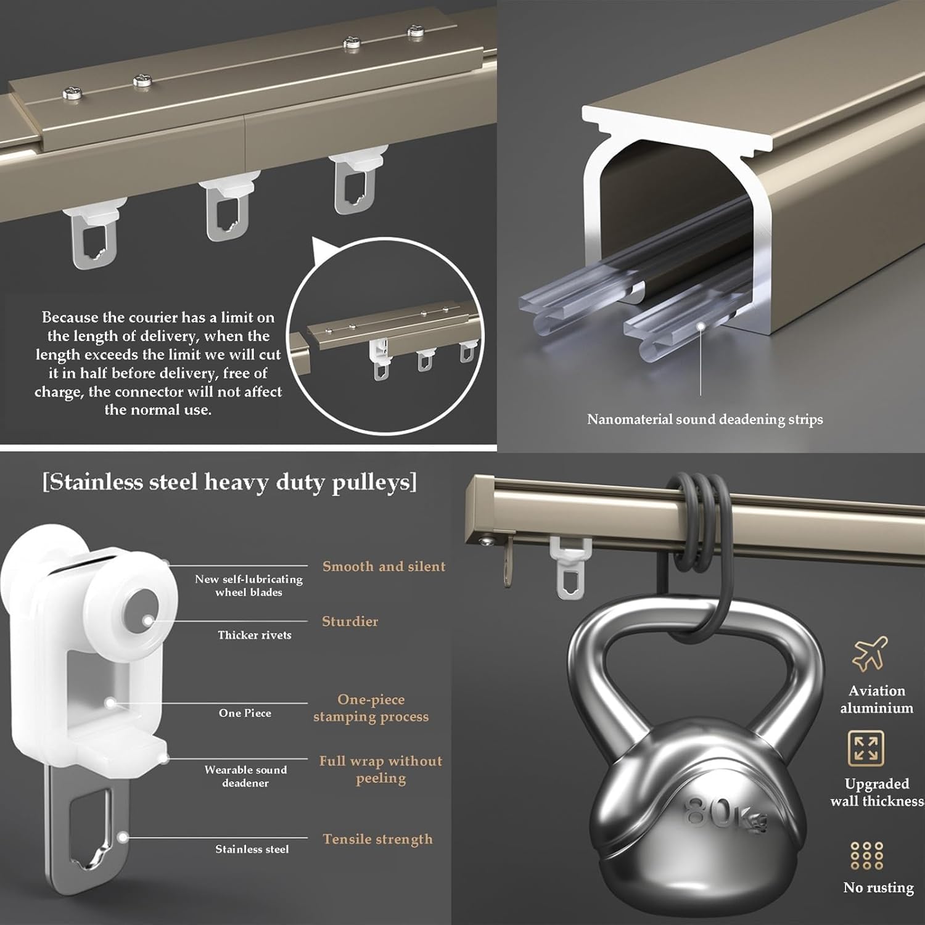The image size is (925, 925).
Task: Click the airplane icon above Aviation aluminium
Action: tap(869, 654)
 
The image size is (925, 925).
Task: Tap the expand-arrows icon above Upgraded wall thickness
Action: tap(866, 748)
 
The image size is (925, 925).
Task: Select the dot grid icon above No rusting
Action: tap(866, 856)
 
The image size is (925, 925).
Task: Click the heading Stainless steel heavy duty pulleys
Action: tap(229, 482)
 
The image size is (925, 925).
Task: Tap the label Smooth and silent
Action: tap(384, 566)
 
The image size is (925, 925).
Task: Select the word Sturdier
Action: tap(350, 621)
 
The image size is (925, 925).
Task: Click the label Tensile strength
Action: tap(377, 839)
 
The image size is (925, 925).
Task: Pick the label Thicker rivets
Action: tap(254, 635)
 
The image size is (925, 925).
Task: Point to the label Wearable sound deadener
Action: tap(245, 776)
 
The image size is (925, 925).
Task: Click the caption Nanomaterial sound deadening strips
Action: tap(705, 419)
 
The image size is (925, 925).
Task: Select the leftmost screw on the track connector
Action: tap(70, 92)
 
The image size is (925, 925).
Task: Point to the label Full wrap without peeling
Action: tap(380, 769)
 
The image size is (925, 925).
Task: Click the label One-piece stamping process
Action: tap(371, 707)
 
